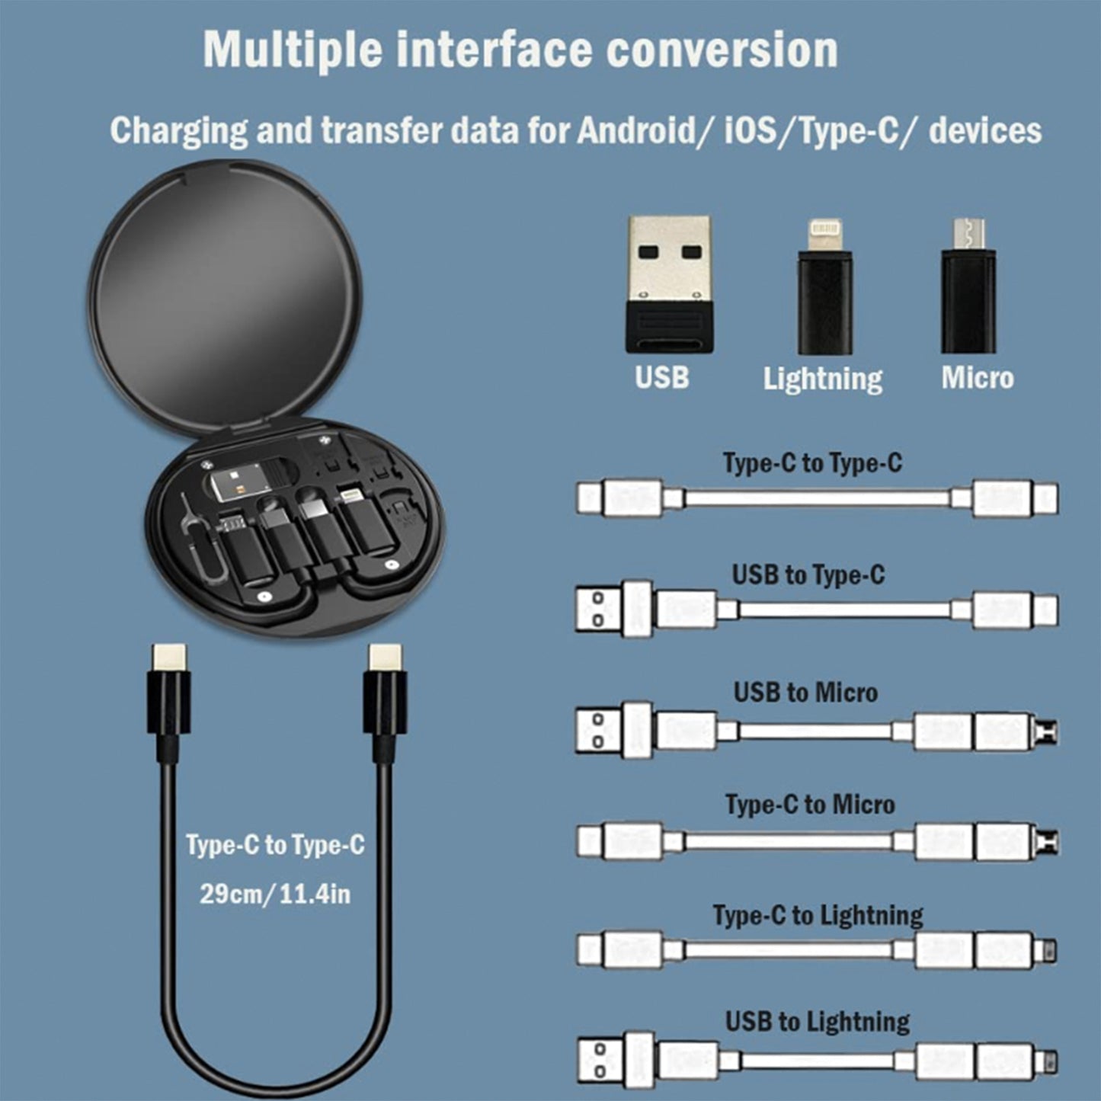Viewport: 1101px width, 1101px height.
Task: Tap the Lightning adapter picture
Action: pos(824,287)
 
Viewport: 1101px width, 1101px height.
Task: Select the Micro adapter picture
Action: pos(968,287)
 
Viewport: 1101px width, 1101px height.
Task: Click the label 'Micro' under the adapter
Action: pos(977,378)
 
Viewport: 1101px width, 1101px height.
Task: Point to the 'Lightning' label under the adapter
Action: pos(823,379)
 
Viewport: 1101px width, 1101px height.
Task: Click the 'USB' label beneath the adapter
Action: pos(661,378)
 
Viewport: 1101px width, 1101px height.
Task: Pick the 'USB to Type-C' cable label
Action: pos(808,575)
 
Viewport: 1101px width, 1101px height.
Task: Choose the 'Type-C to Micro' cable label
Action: pos(810,805)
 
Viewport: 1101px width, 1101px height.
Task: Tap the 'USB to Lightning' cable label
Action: pos(817,1022)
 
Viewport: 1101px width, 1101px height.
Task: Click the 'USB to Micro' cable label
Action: pos(805,693)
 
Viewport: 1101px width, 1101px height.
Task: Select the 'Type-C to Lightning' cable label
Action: pos(818,915)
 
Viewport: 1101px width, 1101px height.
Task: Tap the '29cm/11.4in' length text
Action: pos(275,894)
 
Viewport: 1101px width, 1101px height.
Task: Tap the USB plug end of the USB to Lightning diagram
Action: pos(599,1061)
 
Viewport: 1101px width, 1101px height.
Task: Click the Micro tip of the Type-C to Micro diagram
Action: pos(1049,842)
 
